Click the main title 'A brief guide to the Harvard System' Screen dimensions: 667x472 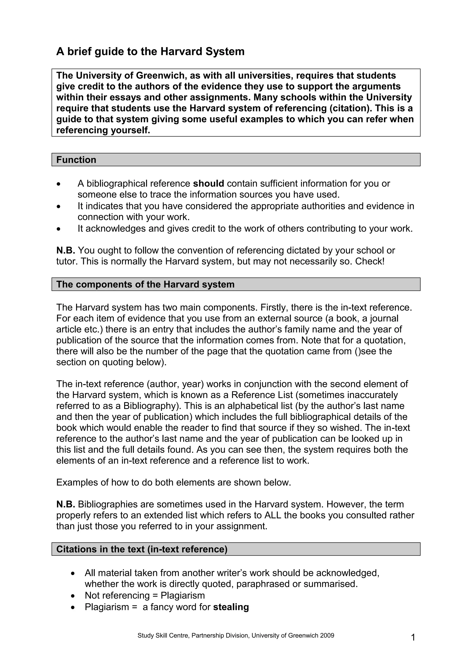[x=150, y=52]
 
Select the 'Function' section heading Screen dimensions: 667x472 [x=76, y=160]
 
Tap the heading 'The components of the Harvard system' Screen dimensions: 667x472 [x=145, y=284]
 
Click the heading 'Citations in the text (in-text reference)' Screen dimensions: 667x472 [x=142, y=549]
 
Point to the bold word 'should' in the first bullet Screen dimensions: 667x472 [x=208, y=184]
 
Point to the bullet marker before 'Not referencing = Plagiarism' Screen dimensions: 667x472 [x=73, y=596]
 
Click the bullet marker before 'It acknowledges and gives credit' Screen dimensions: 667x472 [x=59, y=229]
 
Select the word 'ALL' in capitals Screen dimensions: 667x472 [x=273, y=515]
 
